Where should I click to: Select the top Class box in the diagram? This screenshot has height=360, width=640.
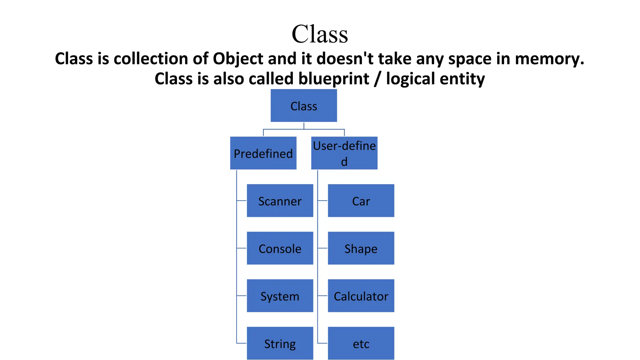(x=304, y=106)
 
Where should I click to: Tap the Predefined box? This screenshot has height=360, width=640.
(x=263, y=153)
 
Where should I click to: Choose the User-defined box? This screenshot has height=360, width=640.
(x=344, y=153)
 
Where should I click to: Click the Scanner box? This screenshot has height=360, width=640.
(x=280, y=201)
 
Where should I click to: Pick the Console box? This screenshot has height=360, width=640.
(x=280, y=248)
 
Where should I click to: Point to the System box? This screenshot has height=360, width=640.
(x=280, y=296)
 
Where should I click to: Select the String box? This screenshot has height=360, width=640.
(x=280, y=343)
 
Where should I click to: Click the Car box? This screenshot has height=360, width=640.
(x=361, y=201)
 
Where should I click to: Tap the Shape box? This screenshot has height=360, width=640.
(x=361, y=248)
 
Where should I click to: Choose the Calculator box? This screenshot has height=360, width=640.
(x=361, y=296)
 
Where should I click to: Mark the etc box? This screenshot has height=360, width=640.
(x=361, y=343)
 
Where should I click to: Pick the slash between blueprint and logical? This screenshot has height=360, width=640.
(x=378, y=79)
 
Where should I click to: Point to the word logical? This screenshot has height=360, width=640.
(x=410, y=79)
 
